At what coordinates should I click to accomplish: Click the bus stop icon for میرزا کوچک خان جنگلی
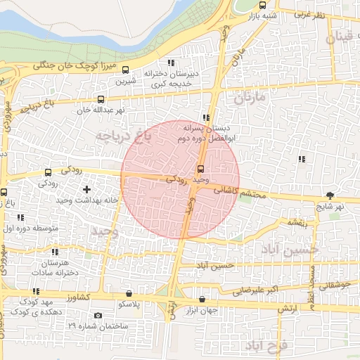click(125, 69)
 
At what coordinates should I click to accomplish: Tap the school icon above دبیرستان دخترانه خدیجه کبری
click(171, 63)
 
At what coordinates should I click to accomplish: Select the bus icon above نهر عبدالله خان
click(101, 99)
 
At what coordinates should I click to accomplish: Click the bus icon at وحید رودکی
click(202, 169)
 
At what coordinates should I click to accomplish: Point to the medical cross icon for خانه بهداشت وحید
click(86, 189)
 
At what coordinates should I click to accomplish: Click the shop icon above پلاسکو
click(129, 293)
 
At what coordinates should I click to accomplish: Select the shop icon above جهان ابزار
click(202, 300)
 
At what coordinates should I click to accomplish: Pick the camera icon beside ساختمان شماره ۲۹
click(97, 315)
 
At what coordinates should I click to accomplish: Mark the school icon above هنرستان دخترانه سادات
click(56, 251)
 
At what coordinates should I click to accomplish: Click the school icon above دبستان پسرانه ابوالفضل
click(206, 117)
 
